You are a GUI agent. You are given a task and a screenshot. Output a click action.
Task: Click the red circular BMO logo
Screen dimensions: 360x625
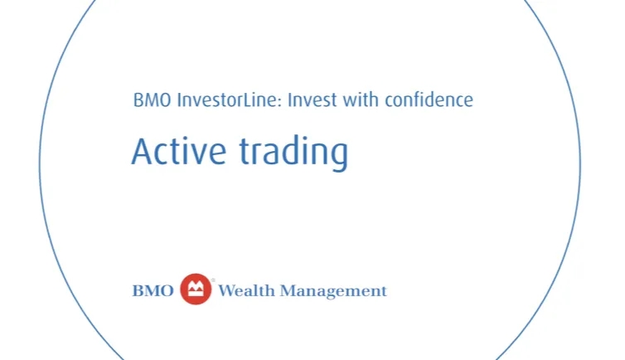[196, 289]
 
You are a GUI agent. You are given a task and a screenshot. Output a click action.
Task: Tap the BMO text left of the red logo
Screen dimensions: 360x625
[153, 291]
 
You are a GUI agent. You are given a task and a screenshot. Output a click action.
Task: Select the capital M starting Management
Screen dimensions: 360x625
[288, 291]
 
